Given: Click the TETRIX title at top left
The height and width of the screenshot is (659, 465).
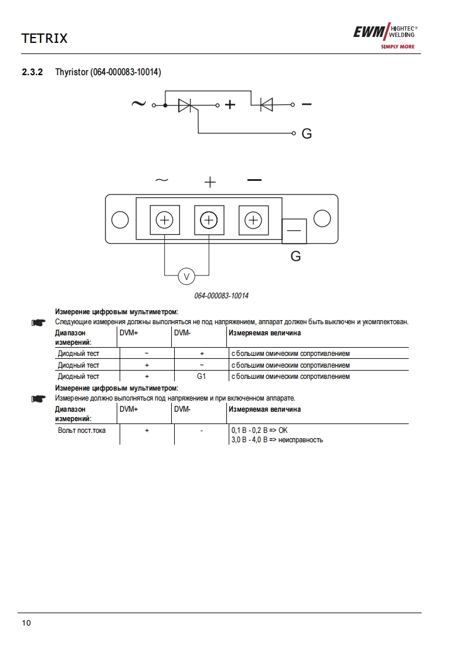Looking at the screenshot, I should pyautogui.click(x=45, y=39).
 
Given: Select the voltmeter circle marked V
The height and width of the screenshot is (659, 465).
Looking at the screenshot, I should pyautogui.click(x=186, y=275).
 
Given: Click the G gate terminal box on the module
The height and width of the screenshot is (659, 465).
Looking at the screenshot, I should pyautogui.click(x=294, y=231).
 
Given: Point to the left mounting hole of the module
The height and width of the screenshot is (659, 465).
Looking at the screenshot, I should pyautogui.click(x=120, y=220).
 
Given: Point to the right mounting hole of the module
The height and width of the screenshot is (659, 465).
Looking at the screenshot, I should pyautogui.click(x=322, y=218).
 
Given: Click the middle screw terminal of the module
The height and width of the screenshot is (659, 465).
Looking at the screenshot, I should pyautogui.click(x=209, y=220).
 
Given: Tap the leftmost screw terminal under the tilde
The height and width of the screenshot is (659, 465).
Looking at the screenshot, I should pyautogui.click(x=165, y=220).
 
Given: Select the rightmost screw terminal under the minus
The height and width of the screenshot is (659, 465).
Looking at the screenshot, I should pyautogui.click(x=253, y=220).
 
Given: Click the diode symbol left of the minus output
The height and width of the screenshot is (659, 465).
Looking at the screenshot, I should pyautogui.click(x=266, y=105).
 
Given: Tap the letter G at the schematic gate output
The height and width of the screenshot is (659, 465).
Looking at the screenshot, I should pyautogui.click(x=306, y=134).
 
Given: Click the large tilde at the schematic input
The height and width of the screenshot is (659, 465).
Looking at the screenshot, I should pyautogui.click(x=138, y=104).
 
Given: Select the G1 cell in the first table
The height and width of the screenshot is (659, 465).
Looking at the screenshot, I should pyautogui.click(x=201, y=376).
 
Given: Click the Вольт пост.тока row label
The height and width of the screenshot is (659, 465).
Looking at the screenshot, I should pyautogui.click(x=82, y=431).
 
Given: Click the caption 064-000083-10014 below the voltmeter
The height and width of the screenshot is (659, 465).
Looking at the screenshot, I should pyautogui.click(x=222, y=295).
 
